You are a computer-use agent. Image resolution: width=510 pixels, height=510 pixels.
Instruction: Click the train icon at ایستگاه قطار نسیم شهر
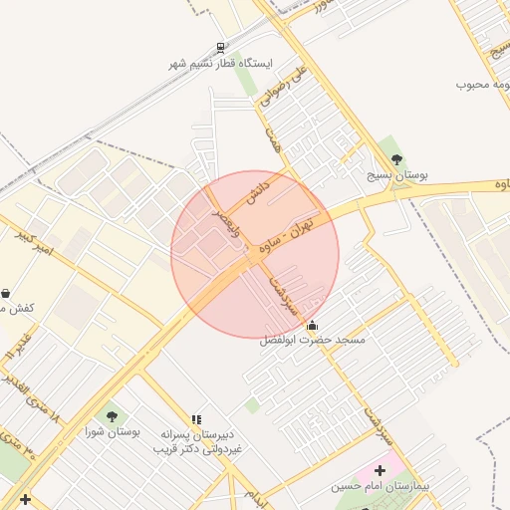point(220,47)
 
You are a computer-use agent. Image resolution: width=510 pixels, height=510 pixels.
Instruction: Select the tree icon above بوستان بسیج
point(397,159)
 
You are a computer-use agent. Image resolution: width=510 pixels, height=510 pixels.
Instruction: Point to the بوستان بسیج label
point(396,174)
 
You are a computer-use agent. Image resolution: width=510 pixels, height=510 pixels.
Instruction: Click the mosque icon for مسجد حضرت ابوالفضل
point(313,325)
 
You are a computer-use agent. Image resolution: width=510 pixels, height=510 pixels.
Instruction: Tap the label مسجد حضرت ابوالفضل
point(313,341)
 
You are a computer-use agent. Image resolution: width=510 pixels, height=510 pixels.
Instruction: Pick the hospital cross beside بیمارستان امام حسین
point(380,469)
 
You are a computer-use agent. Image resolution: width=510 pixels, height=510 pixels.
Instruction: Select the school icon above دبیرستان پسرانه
point(196,420)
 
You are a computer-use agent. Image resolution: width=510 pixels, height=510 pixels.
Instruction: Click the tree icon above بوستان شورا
point(111,417)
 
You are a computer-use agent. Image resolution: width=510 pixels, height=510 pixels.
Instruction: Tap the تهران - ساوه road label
point(288,232)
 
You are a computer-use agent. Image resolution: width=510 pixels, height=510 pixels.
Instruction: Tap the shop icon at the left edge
point(7,293)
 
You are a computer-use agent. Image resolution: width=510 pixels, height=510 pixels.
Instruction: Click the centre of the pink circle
point(255,254)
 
